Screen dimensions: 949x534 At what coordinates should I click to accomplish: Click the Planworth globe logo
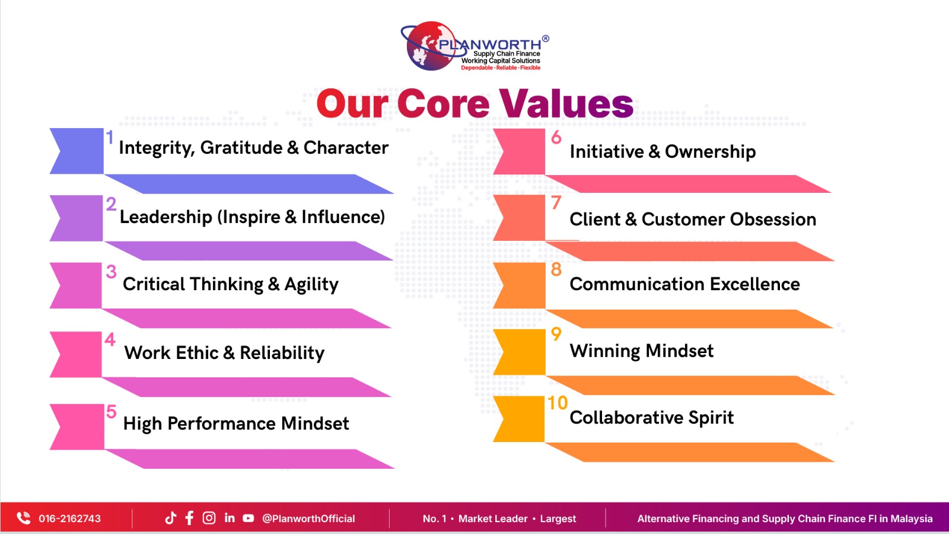click(430, 46)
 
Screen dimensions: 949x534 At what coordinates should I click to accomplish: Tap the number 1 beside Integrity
click(110, 137)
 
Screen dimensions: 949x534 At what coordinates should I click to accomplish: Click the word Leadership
click(166, 217)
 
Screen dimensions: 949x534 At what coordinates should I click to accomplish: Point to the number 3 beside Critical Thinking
click(111, 272)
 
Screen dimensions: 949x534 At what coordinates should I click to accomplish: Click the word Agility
click(311, 284)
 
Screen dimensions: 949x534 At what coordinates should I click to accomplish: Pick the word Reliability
click(282, 353)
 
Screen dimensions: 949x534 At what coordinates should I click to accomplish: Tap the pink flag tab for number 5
click(77, 427)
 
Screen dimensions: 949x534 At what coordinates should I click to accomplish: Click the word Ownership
click(710, 152)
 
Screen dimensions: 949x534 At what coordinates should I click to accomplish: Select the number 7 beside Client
click(556, 202)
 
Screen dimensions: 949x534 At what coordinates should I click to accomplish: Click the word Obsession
click(773, 219)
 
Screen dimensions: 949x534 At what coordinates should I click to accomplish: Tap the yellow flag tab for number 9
click(520, 352)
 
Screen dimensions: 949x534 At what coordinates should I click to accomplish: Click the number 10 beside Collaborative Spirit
click(558, 403)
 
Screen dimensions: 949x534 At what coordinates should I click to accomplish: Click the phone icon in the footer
click(24, 518)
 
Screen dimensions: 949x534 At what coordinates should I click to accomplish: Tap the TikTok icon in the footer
click(170, 518)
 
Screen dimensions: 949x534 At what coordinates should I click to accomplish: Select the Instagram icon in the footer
click(209, 518)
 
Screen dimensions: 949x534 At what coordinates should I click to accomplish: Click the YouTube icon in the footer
click(249, 519)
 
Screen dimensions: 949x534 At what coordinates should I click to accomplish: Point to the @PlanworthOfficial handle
click(308, 519)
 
